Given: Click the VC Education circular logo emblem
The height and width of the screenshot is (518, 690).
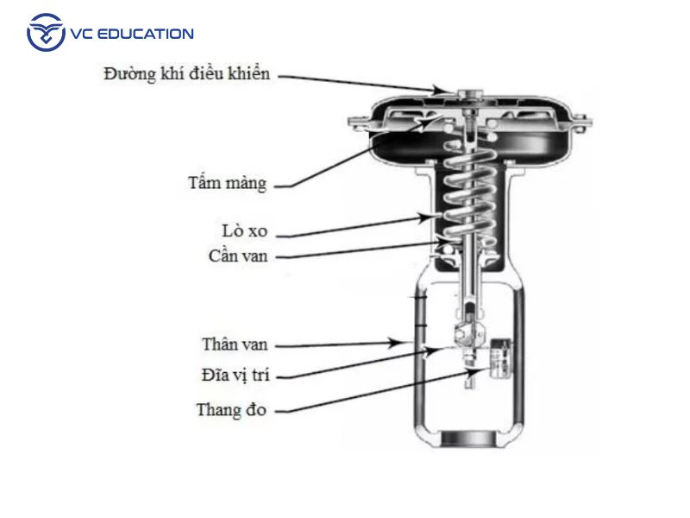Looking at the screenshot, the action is coord(46,32).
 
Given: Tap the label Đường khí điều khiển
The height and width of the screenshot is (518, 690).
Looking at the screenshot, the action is coord(186,74).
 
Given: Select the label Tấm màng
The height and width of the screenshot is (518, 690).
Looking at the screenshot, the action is coord(227,183).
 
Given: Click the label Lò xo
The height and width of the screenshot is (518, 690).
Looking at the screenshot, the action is coord(244,231).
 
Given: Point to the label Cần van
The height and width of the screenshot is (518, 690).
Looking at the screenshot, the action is coord(238,256).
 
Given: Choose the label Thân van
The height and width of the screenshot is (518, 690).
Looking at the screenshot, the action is coord(235,344).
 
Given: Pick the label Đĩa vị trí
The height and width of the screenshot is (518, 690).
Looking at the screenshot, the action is coord(235,376).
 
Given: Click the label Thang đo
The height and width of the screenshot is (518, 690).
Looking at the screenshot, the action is coord(231,409).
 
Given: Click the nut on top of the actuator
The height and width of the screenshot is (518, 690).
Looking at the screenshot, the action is coord(469,94).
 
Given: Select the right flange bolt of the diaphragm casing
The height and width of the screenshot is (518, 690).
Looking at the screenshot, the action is coord(581,122).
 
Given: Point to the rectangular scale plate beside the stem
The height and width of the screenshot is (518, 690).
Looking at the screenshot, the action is coord(500,358).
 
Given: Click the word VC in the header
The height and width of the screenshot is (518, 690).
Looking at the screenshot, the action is coord(79,35).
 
